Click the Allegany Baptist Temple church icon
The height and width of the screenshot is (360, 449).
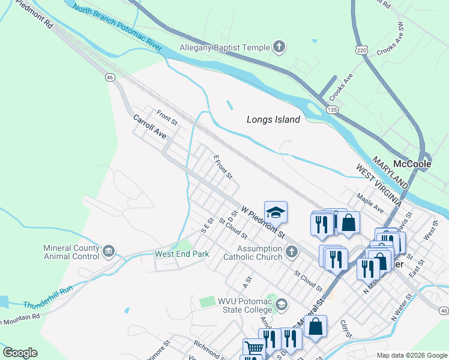coord(279,47)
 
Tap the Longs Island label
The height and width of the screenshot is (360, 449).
coord(273,119)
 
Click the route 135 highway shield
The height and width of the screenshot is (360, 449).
coord(332,110)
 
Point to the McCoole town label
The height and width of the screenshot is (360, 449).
coord(412,164)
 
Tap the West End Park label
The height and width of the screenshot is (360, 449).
coord(182,254)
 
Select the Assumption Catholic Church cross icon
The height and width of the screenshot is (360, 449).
coord(292,251)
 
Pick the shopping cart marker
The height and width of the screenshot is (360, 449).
coord(254,347)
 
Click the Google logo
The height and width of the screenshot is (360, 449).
coord(20,353)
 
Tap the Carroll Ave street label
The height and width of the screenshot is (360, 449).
coord(149,127)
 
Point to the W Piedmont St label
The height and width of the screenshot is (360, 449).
coord(262,220)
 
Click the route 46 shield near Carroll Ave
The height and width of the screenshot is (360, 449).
coord(109,77)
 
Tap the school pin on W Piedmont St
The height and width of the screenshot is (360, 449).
coord(276,212)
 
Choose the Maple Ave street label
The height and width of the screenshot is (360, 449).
coord(370,203)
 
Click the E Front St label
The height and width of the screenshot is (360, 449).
coord(222,167)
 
